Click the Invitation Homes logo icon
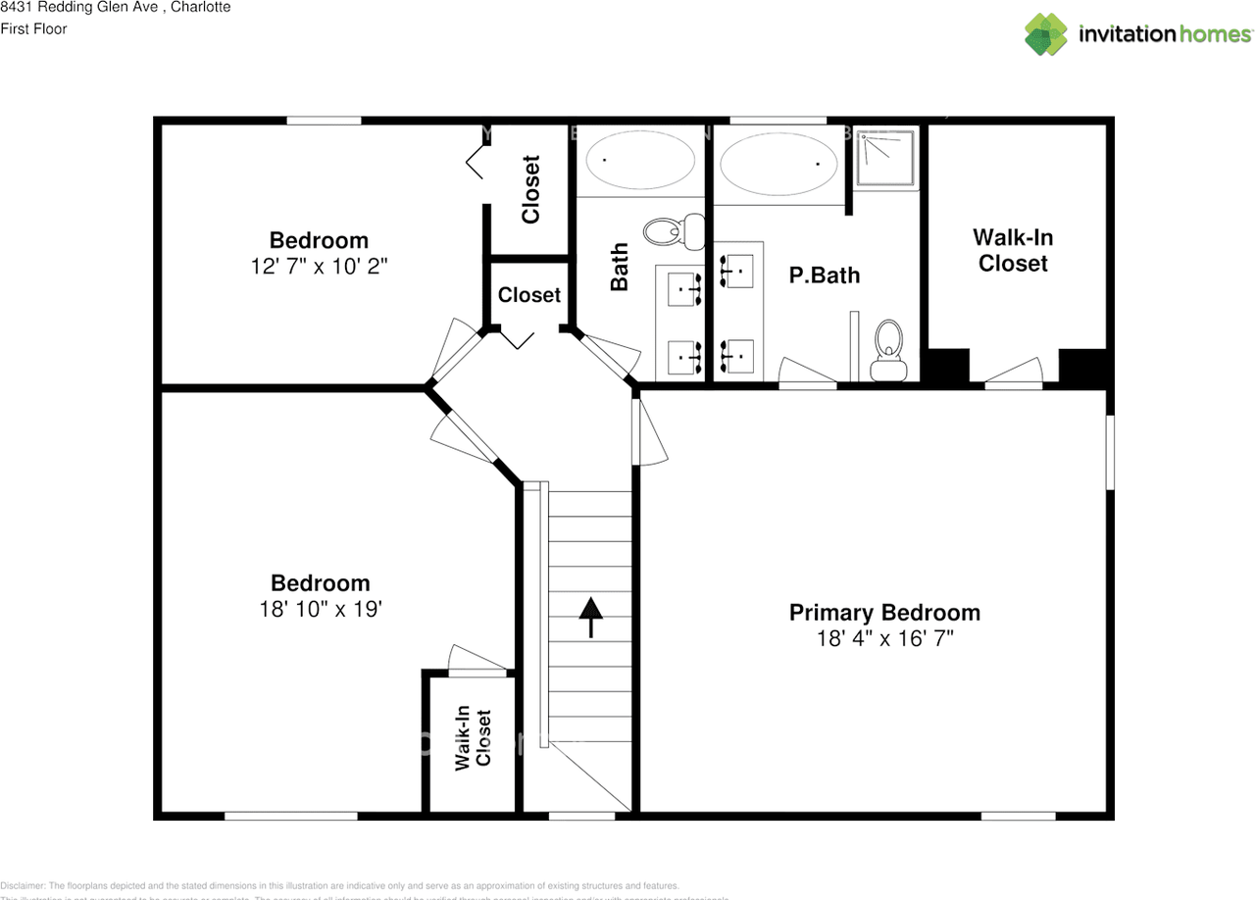pos(1046,34)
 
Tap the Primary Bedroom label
pos(884,613)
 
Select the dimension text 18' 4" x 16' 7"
pos(884,638)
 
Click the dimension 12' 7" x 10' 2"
pos(319,266)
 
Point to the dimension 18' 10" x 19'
pos(320,609)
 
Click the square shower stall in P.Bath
pos(886,158)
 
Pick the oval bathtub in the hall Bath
pos(640,159)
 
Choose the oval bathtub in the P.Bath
pos(779,163)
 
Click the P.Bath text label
pos(824,275)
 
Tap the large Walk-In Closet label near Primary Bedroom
pos(1013,250)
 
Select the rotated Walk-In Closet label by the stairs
pos(474,738)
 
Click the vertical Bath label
pos(620,267)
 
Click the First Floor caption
pos(33,28)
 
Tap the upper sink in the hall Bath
pos(685,289)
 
